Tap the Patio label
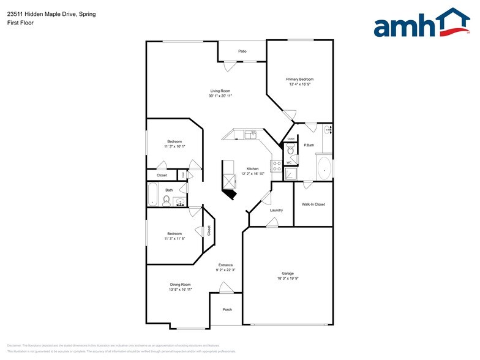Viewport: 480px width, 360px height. click(x=242, y=51)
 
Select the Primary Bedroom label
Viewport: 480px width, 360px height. click(x=300, y=79)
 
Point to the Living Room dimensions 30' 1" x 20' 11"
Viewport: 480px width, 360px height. click(x=220, y=96)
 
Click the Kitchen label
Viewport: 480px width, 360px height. click(x=252, y=168)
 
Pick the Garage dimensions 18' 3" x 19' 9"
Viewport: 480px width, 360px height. click(x=287, y=278)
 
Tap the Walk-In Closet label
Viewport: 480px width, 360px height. click(x=313, y=204)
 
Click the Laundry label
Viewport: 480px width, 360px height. click(x=276, y=210)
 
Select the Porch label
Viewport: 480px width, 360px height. click(x=227, y=309)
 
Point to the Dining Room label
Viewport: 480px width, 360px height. click(x=181, y=284)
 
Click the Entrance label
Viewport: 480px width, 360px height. click(x=226, y=265)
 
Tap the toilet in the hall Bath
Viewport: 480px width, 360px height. click(x=167, y=201)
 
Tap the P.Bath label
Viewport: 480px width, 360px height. click(x=309, y=145)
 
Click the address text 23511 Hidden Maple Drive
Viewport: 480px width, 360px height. click(x=42, y=13)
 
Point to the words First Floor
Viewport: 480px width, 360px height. click(x=21, y=23)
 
